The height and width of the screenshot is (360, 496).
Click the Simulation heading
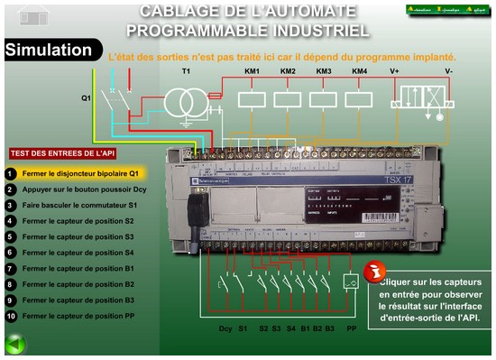[x=49, y=51]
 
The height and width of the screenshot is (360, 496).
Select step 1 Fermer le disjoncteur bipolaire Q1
[x=81, y=172]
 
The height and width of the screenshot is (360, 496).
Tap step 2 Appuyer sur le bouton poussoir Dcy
[x=85, y=189]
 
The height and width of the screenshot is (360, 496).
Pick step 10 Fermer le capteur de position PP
[x=79, y=316]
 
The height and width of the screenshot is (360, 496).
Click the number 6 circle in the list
[x=10, y=253]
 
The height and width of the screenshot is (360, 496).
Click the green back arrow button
[x=14, y=343]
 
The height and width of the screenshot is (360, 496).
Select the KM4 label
[x=359, y=71]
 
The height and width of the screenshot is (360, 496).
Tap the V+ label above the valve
[x=394, y=71]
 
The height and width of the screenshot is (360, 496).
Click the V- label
[x=448, y=71]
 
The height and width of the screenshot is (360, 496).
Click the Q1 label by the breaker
[x=87, y=97]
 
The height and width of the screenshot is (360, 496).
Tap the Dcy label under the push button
[x=226, y=328]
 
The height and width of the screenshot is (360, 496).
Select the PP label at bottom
[x=350, y=328]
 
